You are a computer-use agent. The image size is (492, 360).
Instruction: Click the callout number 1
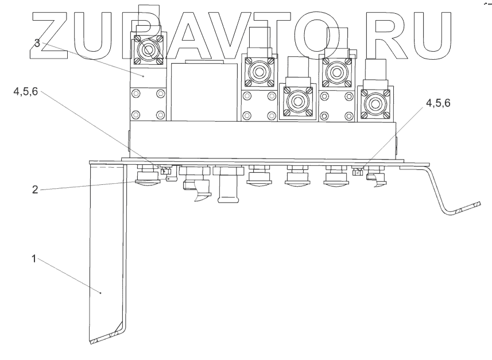tap(34, 259)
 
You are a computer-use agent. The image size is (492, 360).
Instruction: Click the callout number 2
tap(35, 189)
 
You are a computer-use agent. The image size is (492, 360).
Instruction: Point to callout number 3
tap(37, 43)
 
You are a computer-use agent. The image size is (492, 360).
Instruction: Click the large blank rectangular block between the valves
tap(204, 92)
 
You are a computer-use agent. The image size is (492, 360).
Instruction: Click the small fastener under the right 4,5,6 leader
tap(357, 171)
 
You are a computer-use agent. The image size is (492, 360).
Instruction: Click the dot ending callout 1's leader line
tap(101, 293)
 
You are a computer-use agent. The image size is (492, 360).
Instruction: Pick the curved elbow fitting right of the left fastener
tap(197, 188)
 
